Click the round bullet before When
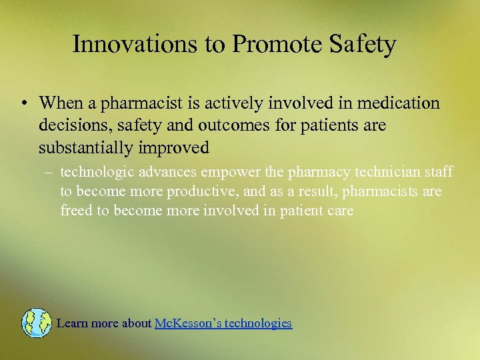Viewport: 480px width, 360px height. [23, 104]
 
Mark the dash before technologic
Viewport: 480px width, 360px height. [49, 173]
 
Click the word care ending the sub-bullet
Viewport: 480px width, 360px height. [339, 211]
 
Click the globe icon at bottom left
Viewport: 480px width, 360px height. [36, 323]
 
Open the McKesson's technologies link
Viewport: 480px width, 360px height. [223, 323]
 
